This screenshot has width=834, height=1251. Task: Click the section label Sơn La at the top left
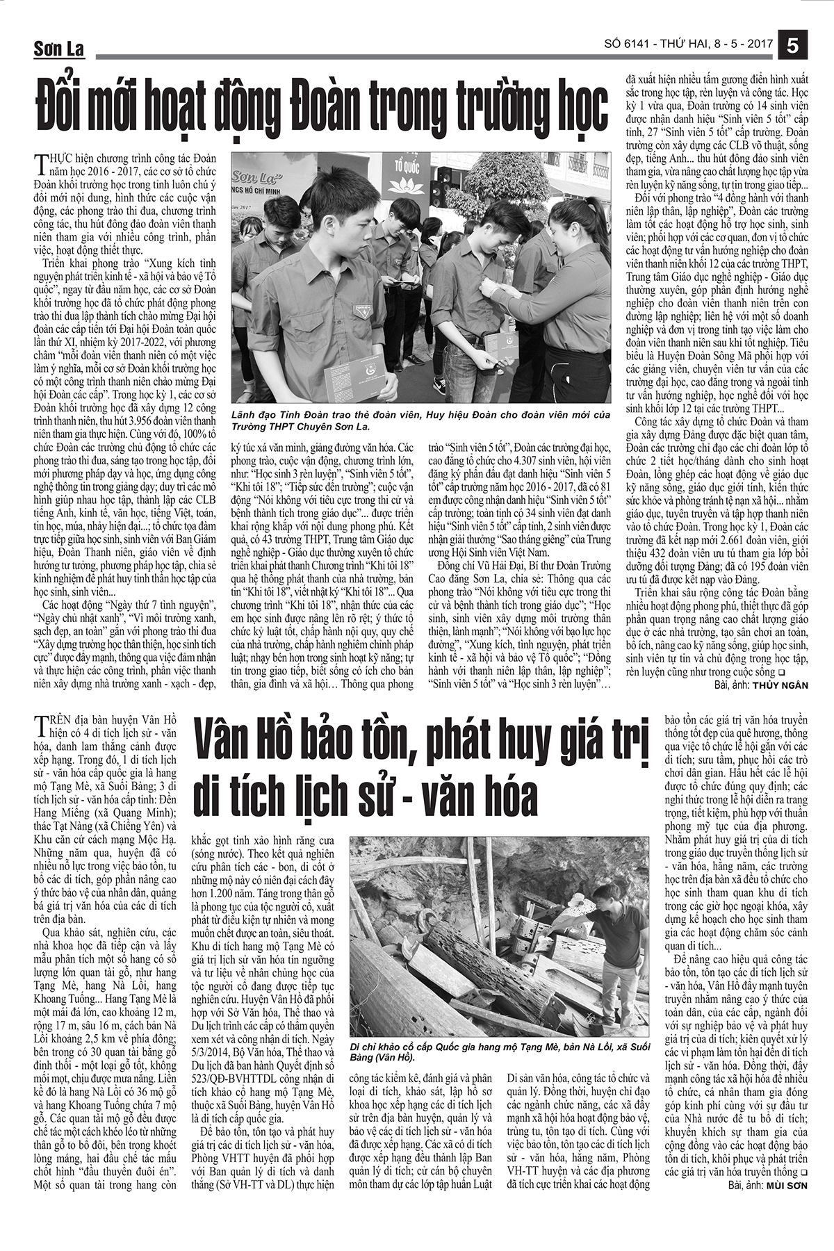point(58,49)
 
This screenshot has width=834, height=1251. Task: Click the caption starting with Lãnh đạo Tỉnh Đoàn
point(417,420)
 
